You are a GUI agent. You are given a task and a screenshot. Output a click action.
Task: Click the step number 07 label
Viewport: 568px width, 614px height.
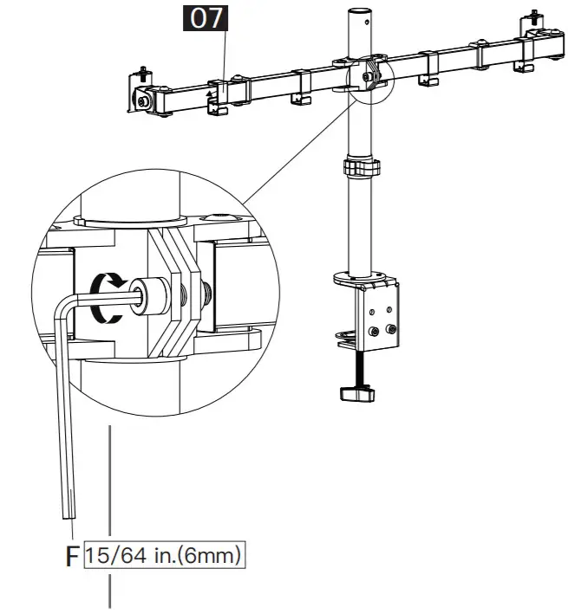point(206,18)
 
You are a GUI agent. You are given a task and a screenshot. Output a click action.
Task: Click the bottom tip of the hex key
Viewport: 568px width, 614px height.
point(67,513)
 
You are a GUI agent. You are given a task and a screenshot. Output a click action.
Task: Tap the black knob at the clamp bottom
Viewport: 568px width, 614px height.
point(358,395)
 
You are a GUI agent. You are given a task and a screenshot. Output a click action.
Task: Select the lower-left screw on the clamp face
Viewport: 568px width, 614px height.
point(375,330)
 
